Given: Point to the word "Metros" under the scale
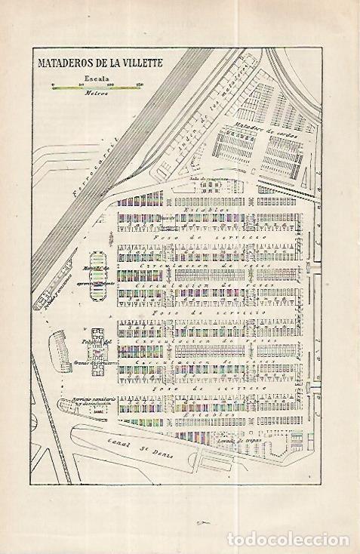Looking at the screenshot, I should [x=94, y=94].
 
